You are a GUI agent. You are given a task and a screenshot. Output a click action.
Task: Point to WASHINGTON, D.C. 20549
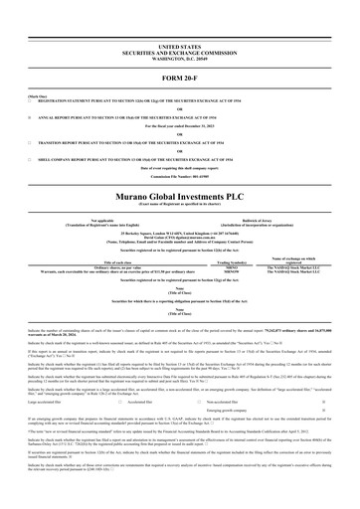[x=179, y=58]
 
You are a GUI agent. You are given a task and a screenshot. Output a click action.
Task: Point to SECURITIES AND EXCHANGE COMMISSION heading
[x=179, y=52]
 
